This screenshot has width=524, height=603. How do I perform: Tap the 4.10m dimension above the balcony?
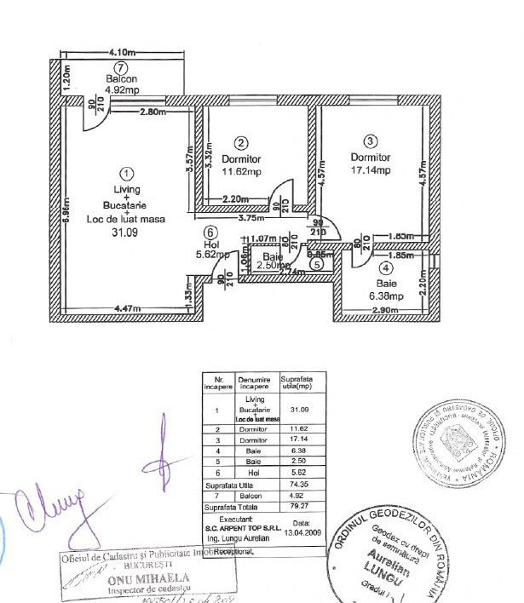point(125,52)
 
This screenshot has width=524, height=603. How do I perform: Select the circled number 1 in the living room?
point(126,169)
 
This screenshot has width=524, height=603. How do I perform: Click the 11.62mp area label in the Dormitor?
point(240,171)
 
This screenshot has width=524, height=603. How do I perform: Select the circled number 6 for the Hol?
point(211,230)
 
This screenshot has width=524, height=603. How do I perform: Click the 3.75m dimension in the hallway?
point(250,217)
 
